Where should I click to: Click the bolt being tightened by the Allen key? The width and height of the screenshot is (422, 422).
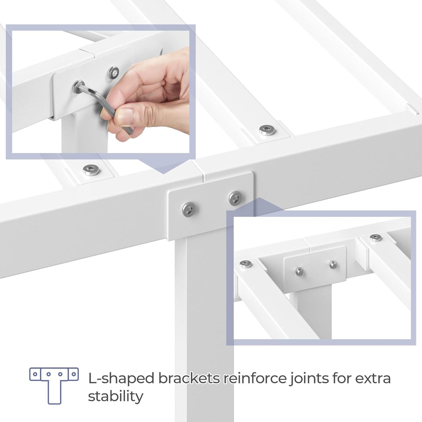point(79,86)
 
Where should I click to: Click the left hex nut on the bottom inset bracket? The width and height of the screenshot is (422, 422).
point(299,272)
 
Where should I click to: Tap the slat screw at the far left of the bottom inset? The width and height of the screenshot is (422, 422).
point(246,264)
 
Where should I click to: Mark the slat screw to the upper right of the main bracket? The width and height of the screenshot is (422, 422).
point(268,130)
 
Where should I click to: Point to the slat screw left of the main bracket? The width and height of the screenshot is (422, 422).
point(91,169)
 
